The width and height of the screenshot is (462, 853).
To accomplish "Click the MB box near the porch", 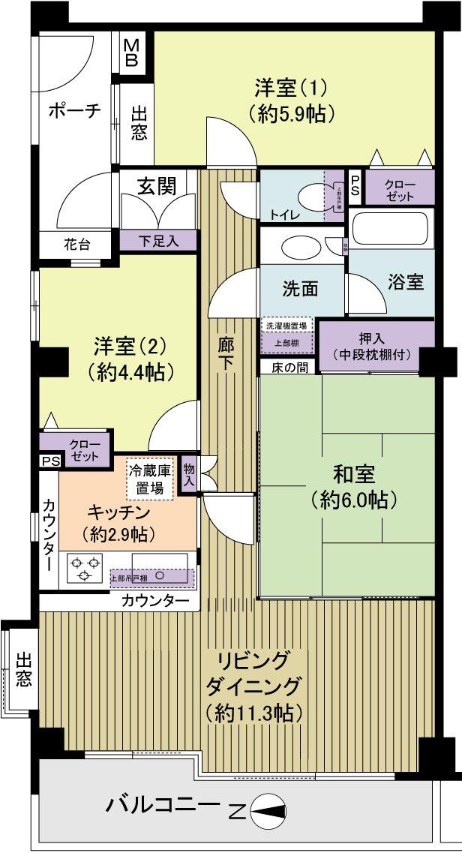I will (131, 52).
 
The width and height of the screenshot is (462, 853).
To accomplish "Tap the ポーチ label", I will (74, 111).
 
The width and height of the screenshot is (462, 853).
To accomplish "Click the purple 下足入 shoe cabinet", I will (158, 241).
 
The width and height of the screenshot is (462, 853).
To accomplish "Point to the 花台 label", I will (76, 245).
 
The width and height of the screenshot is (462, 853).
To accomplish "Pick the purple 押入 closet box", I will (376, 346).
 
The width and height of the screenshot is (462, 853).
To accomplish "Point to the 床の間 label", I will (289, 367).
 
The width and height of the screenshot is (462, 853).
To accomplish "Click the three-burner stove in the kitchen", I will (83, 567).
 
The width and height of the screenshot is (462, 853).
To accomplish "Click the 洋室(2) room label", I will (129, 358).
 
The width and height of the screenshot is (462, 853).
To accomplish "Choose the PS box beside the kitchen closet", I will (49, 461).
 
